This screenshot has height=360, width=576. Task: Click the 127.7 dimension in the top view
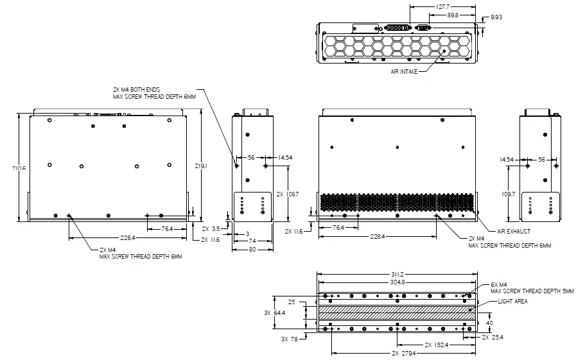tap(443, 7)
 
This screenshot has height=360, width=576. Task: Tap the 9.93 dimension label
tap(496, 17)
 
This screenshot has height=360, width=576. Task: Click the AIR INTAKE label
tap(405, 72)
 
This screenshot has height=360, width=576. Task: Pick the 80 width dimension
tap(252, 250)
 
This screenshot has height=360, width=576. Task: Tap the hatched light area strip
tap(396, 313)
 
